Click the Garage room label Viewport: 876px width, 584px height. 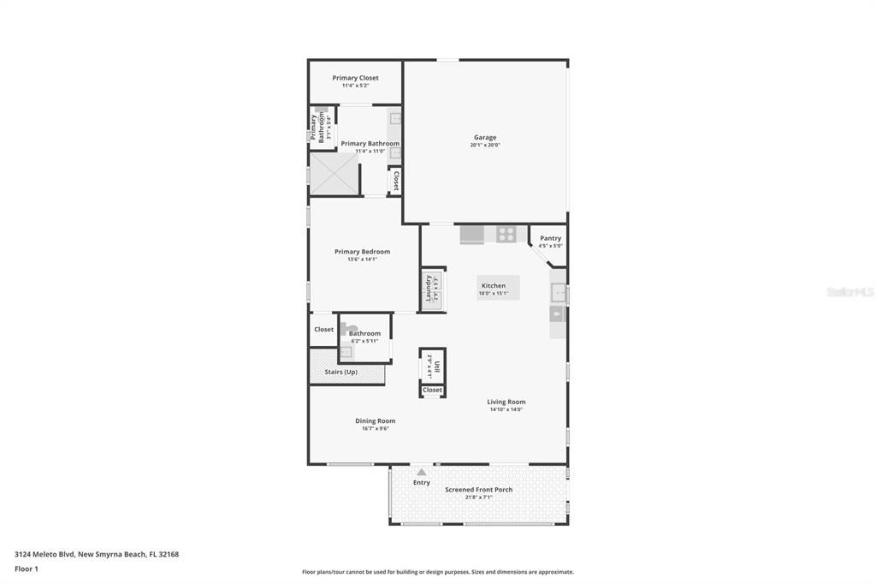pyautogui.click(x=485, y=137)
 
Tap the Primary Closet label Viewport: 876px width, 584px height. pyautogui.click(x=355, y=78)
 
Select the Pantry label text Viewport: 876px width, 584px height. pyautogui.click(x=550, y=238)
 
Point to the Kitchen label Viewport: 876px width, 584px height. pyautogui.click(x=494, y=286)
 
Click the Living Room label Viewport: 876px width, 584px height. pyautogui.click(x=506, y=402)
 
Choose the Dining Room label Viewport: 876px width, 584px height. pyautogui.click(x=376, y=420)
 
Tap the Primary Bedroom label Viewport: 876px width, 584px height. pyautogui.click(x=362, y=252)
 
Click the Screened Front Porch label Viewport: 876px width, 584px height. pyautogui.click(x=478, y=490)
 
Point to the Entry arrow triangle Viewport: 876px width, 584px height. pyautogui.click(x=421, y=472)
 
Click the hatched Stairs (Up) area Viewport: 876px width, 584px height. pyautogui.click(x=346, y=372)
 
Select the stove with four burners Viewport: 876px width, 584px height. pyautogui.click(x=506, y=233)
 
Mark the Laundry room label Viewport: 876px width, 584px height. pyautogui.click(x=429, y=289)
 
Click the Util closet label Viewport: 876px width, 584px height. pyautogui.click(x=436, y=366)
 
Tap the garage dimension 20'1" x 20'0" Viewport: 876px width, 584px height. pyautogui.click(x=485, y=145)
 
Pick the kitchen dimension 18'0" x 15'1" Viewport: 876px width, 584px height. pyautogui.click(x=494, y=294)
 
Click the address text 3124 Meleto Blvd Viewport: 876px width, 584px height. pyautogui.click(x=97, y=554)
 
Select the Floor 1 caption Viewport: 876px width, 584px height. pyautogui.click(x=27, y=569)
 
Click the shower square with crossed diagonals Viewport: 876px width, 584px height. pyautogui.click(x=334, y=174)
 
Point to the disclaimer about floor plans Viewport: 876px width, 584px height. pyautogui.click(x=437, y=572)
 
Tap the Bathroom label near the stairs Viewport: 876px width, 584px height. pyautogui.click(x=364, y=333)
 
